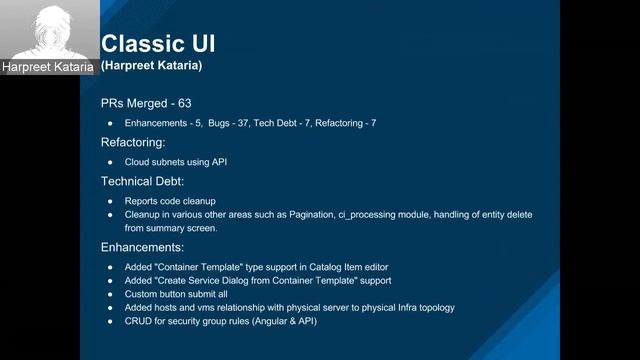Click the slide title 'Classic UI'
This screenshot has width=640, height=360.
coord(158,43)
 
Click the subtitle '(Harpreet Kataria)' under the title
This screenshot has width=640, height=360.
coord(152,65)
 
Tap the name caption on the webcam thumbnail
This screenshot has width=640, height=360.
coord(47,67)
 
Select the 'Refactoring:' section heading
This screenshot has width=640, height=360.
coord(133,142)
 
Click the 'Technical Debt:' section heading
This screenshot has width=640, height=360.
coord(143,181)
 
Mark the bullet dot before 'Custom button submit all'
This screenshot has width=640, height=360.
coord(111,294)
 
